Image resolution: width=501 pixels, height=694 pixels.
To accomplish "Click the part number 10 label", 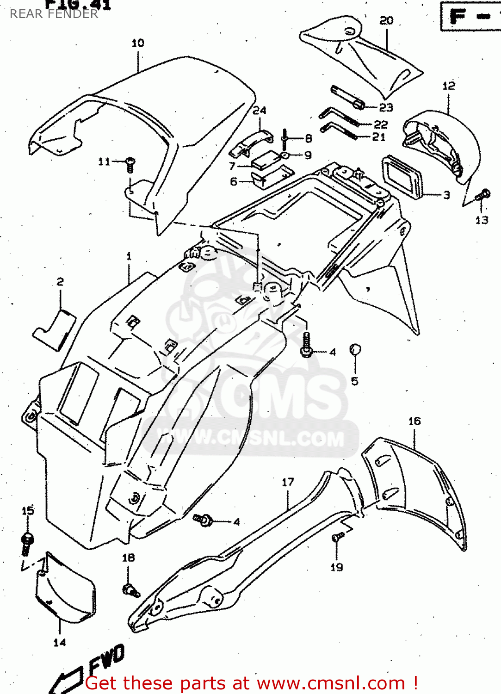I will pos(138,43).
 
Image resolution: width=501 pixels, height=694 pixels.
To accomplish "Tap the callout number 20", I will pos(386,20).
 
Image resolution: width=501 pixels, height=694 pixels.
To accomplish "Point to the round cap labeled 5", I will pos(355,350).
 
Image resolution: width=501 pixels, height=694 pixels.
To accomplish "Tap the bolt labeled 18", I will pos(130,590).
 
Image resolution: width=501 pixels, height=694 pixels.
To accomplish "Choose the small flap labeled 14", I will pos(65,588).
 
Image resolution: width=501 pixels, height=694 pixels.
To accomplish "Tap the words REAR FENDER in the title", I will pos(54,14).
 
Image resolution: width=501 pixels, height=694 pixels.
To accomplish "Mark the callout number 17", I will pos(288,482).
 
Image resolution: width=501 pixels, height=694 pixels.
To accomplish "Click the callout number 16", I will pos(414,421).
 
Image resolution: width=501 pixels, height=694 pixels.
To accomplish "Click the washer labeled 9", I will pos(285,155).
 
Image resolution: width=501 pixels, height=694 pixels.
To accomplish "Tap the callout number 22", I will pos(380,124).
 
